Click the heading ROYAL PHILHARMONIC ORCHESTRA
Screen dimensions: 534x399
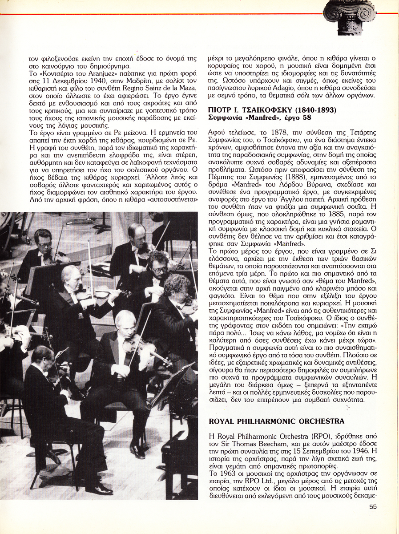click(276, 421)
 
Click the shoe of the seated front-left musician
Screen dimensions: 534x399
click(99, 488)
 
